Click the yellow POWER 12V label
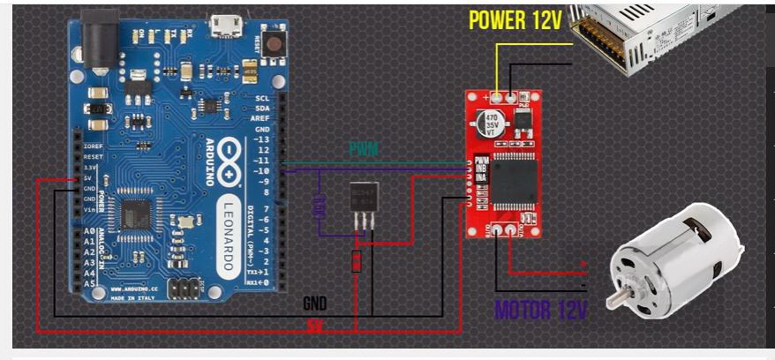coord(515,19)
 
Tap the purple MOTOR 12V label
coord(541,310)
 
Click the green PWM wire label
coord(364,148)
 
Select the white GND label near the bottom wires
coord(315,303)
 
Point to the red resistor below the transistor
coord(356,261)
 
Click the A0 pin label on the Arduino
coord(88,231)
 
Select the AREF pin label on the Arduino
coord(261,118)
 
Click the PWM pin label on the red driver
coord(481,161)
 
